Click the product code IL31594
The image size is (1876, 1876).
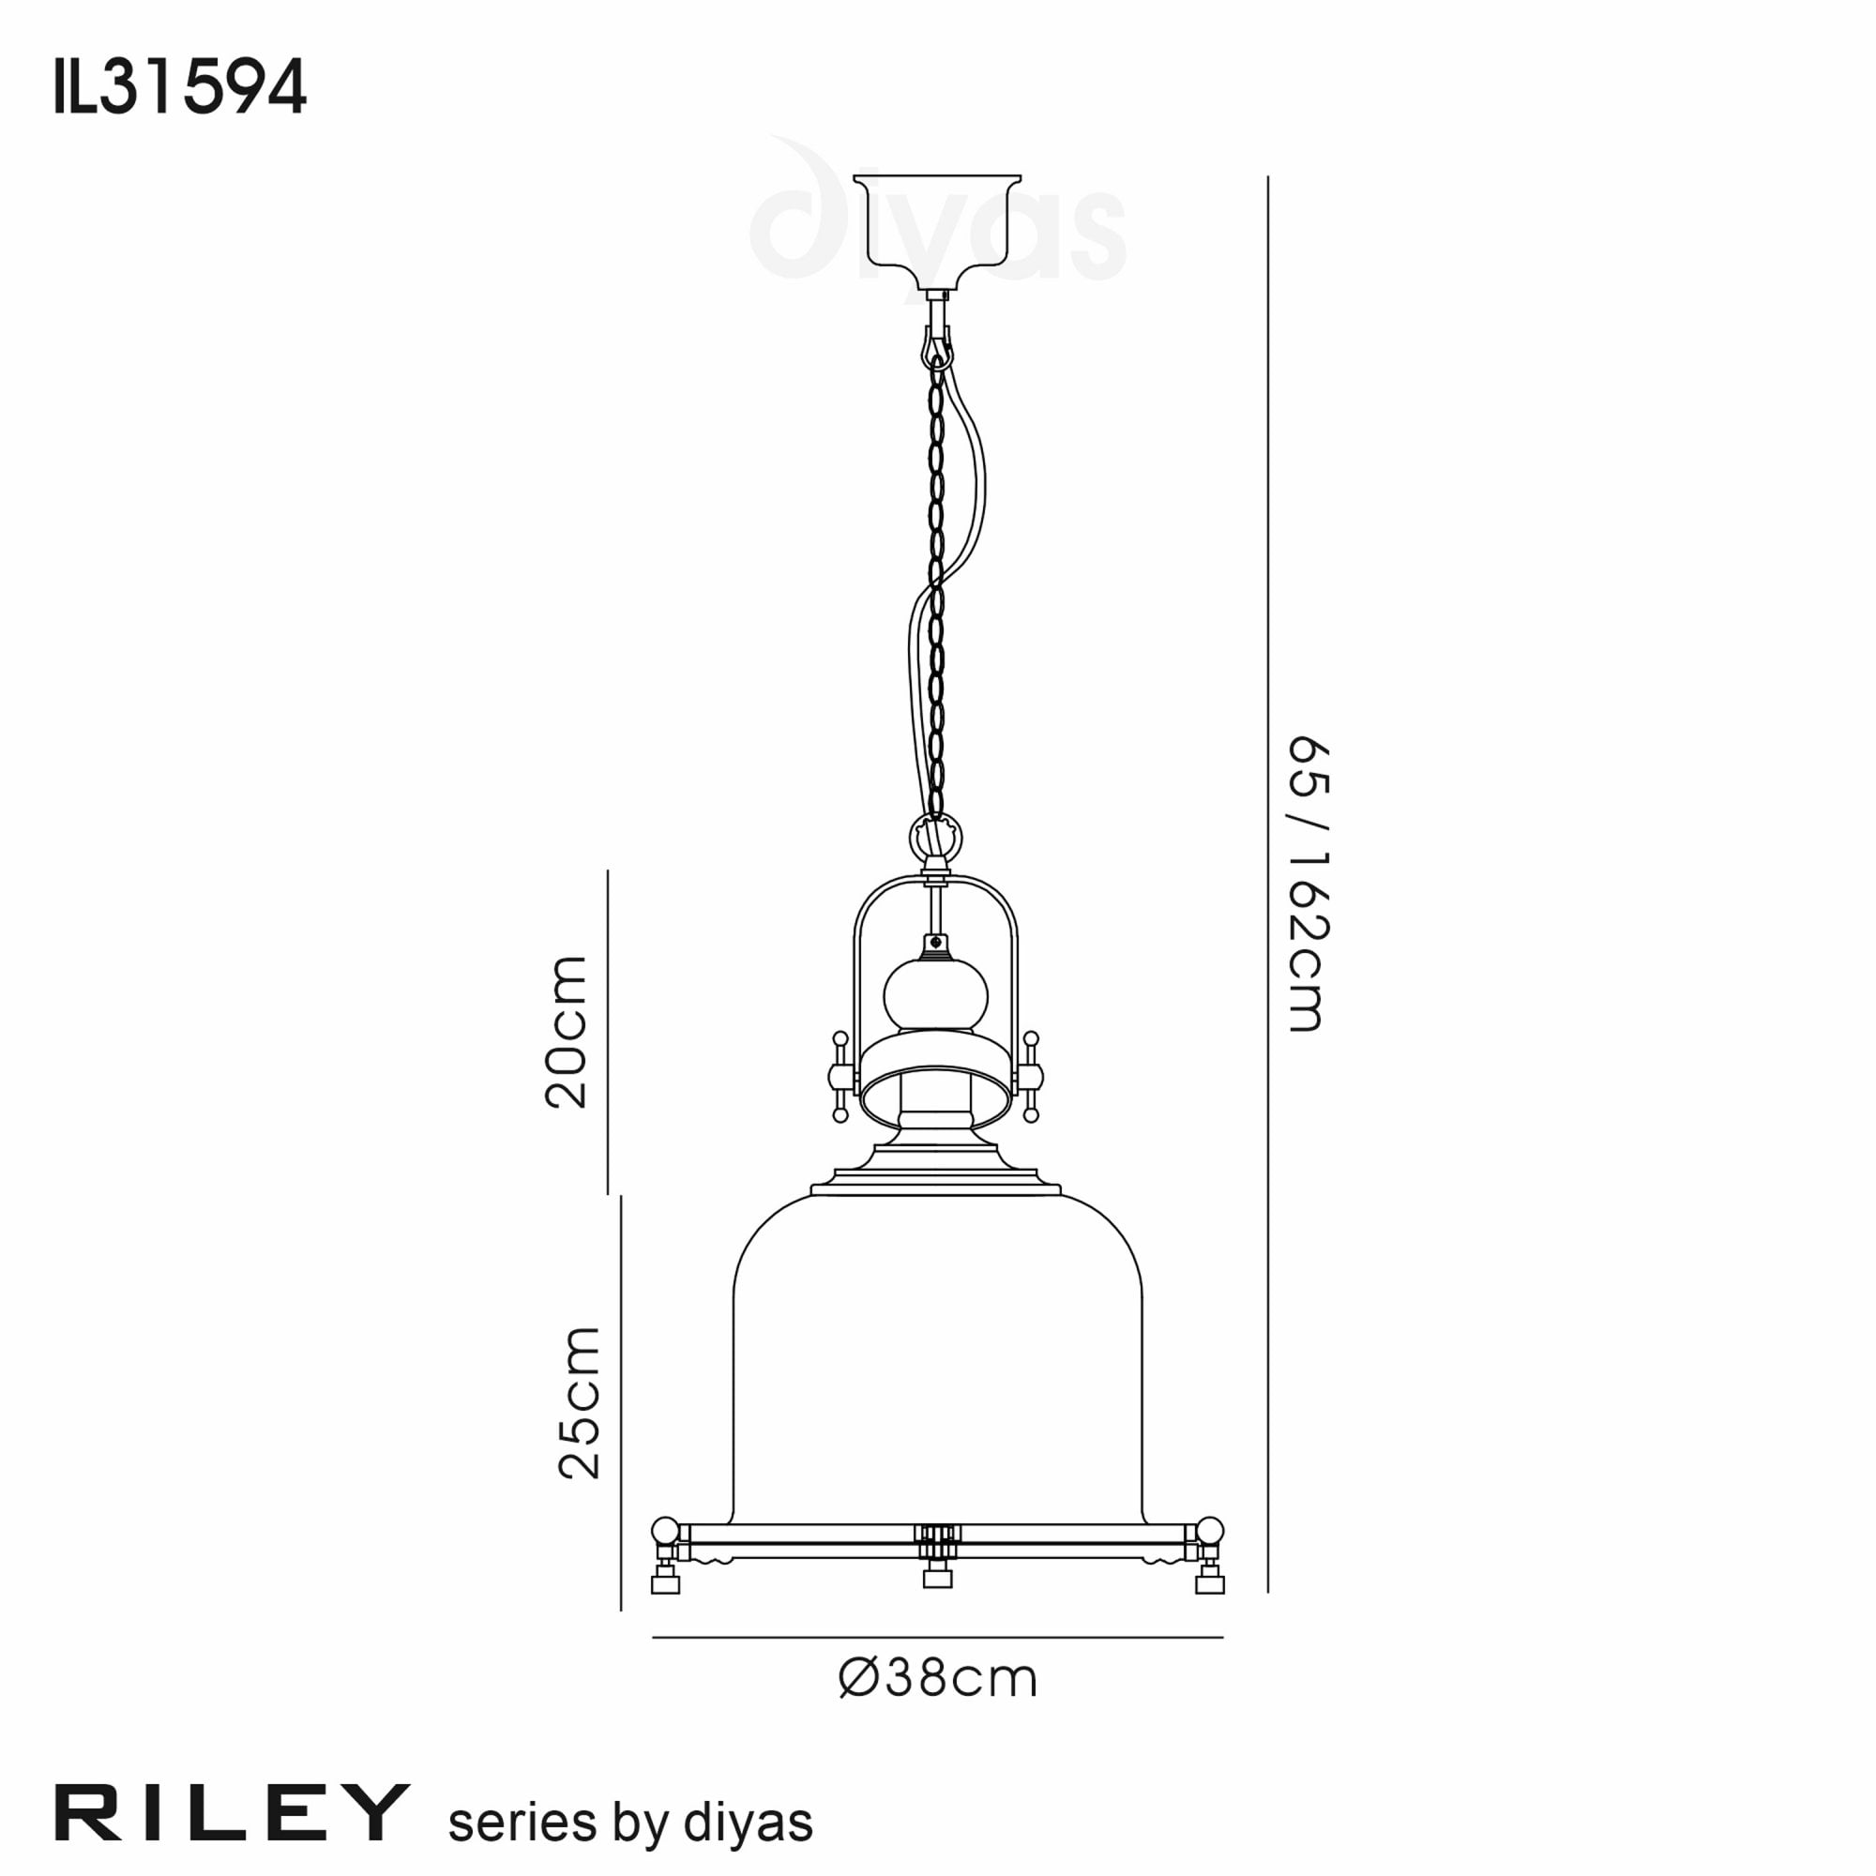click(181, 86)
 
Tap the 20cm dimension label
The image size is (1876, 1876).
click(567, 1032)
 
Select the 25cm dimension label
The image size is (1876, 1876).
click(579, 1403)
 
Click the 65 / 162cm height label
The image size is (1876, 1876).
click(1308, 883)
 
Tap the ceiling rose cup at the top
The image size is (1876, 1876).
click(937, 229)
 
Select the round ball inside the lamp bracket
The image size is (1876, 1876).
click(935, 995)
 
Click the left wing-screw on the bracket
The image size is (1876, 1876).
click(840, 1077)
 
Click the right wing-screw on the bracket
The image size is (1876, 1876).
click(1030, 1077)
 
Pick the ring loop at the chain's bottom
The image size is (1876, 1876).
click(936, 835)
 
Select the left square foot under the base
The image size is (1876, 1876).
click(665, 1584)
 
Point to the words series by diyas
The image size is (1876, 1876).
click(630, 1823)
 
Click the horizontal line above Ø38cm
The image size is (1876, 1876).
click(937, 1638)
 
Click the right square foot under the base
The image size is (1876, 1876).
click(1209, 1584)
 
